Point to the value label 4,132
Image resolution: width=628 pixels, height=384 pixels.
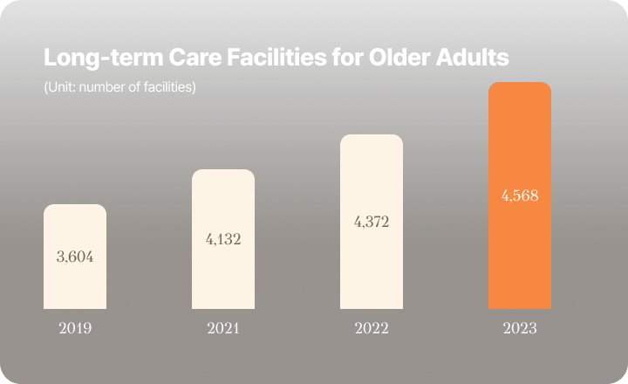(x=223, y=239)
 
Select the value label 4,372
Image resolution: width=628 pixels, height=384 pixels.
(x=372, y=222)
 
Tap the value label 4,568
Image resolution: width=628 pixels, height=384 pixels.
(x=520, y=195)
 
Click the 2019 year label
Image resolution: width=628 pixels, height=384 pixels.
(x=75, y=329)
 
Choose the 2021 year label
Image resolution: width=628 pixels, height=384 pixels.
(x=223, y=329)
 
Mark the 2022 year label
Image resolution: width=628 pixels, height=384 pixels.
(x=372, y=329)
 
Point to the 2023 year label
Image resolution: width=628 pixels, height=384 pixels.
(x=520, y=329)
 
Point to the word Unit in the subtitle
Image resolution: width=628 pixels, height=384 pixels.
(x=59, y=87)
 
